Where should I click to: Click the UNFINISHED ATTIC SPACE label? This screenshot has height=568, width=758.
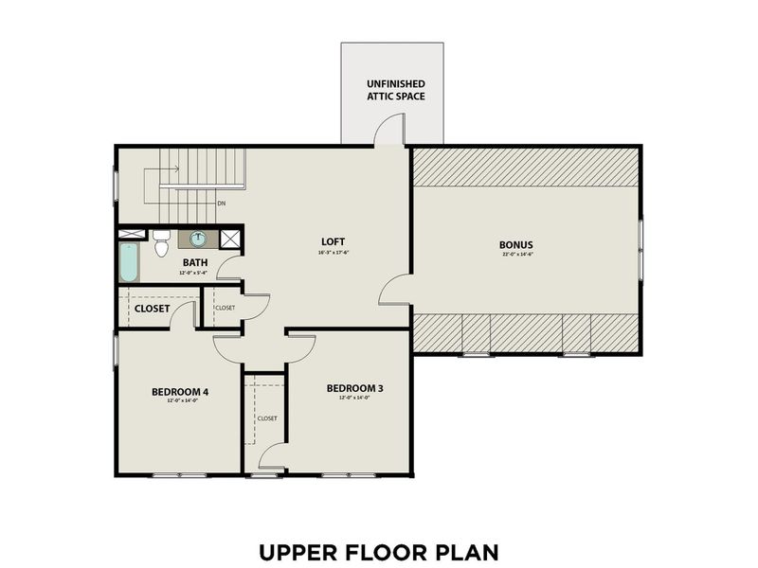coord(396,89)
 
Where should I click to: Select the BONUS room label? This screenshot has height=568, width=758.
coord(516,243)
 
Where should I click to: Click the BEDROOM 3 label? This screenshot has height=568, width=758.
coord(354,388)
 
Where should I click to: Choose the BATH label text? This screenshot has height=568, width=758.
coord(195,262)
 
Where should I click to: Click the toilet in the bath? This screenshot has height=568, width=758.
coord(161,242)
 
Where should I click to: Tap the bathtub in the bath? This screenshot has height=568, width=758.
coord(129,262)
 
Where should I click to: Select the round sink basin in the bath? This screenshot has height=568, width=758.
coord(199,239)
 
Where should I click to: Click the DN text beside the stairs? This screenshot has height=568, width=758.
coord(221,204)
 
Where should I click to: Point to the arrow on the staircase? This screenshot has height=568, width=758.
coord(172,169)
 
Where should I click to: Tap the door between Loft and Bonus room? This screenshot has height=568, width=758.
coord(395,291)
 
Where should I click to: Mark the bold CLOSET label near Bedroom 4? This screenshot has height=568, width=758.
coord(152,308)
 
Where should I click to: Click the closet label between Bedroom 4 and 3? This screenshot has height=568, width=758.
coord(267,417)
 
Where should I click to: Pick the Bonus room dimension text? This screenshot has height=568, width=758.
coord(516,254)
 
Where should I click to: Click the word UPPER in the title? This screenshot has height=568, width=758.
coord(298,550)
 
